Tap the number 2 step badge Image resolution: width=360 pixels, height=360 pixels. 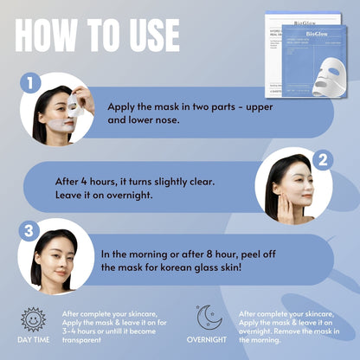click(x=322, y=160)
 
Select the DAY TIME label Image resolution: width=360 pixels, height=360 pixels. click(x=32, y=340)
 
